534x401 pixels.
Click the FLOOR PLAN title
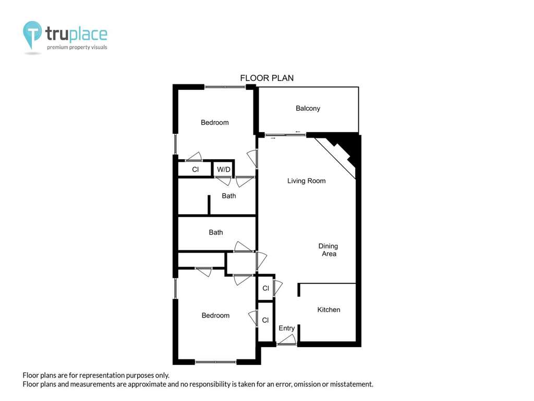(266, 78)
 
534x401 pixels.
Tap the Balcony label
(308, 109)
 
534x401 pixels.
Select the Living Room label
(307, 181)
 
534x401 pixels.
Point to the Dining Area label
(329, 250)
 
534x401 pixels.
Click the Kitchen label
(329, 310)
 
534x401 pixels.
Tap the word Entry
(286, 328)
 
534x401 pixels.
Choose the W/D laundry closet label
(224, 170)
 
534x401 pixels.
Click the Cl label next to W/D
(195, 170)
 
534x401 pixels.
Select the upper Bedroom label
(214, 122)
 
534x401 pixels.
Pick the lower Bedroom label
(215, 315)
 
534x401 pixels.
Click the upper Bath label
(229, 196)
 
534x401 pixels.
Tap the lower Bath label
(216, 232)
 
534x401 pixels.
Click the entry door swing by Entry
(286, 339)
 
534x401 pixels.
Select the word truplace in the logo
(76, 34)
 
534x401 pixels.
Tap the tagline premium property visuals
(77, 47)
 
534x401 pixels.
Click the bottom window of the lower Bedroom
(216, 361)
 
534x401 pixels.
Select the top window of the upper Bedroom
(225, 87)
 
